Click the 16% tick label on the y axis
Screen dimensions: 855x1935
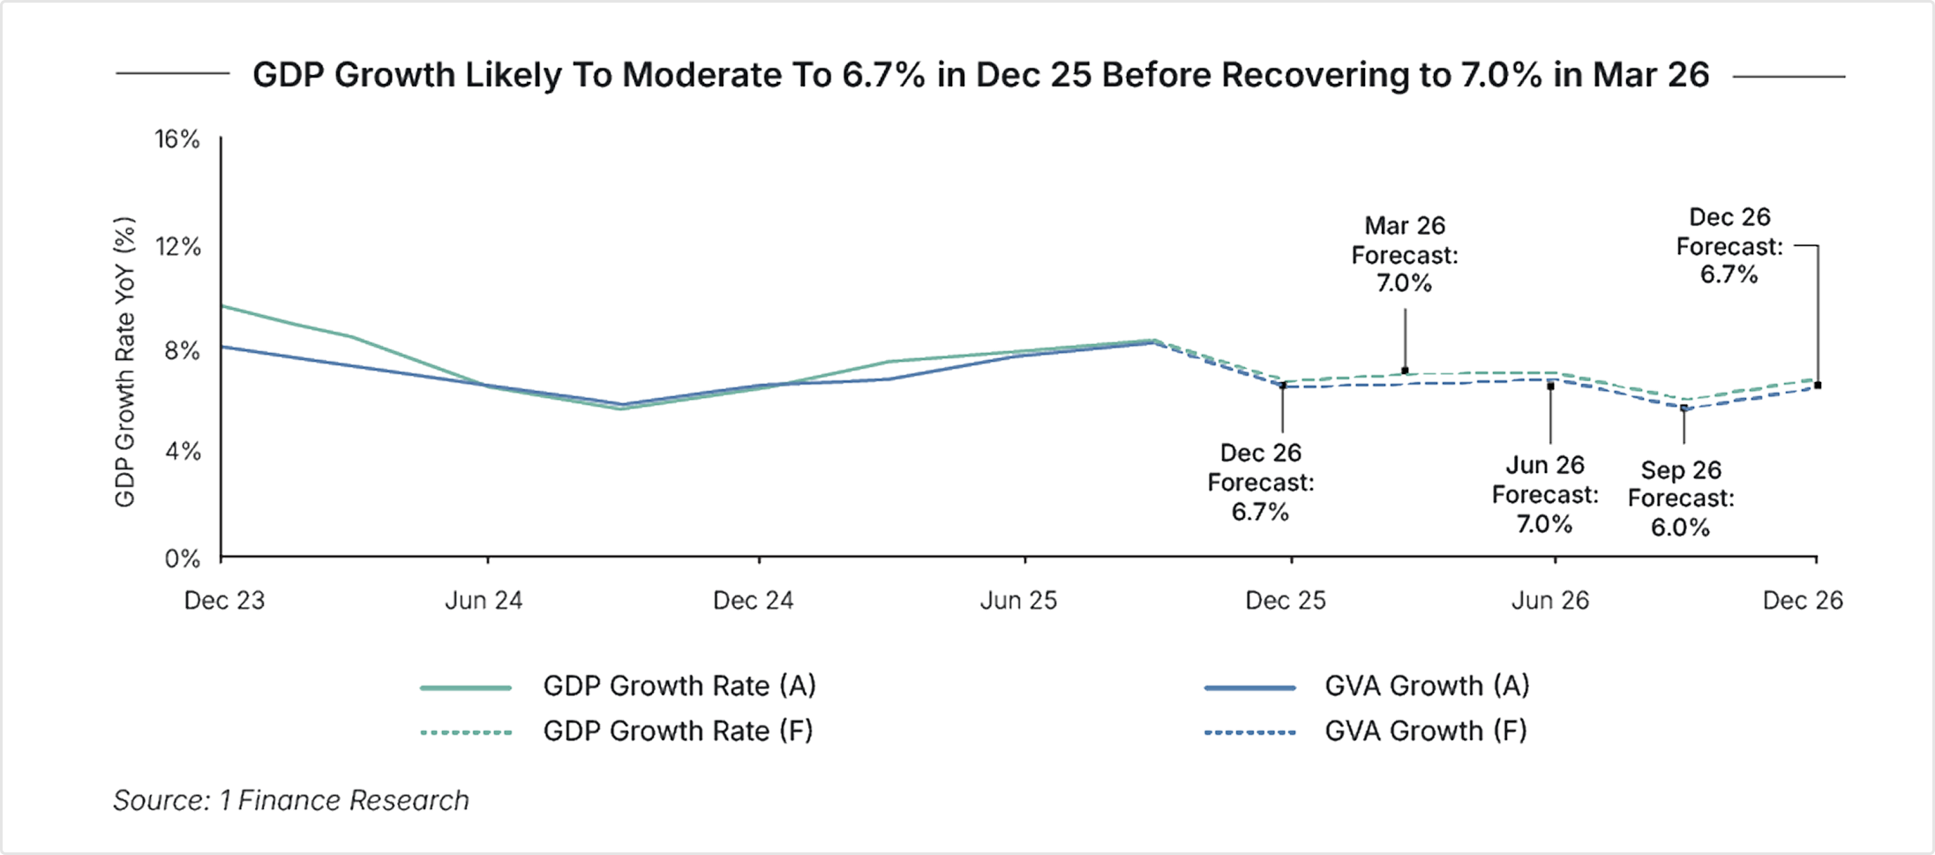179,139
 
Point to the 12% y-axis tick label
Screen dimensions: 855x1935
179,248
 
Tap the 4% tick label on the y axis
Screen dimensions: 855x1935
186,454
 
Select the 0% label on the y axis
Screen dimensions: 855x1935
186,559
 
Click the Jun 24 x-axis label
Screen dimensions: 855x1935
484,602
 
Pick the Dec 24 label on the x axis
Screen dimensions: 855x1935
754,602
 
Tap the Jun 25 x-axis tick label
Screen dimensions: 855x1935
1019,602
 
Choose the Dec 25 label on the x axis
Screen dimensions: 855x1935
1286,602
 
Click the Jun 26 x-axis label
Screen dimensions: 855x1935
1551,602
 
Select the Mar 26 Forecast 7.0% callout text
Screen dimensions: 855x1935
1406,256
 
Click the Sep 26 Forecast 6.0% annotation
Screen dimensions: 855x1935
1681,499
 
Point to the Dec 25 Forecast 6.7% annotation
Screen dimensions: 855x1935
1262,483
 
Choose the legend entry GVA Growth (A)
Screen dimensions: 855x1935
1426,686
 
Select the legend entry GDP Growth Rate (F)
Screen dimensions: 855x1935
678,731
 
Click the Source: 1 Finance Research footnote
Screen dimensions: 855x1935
291,801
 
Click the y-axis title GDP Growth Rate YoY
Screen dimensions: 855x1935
128,362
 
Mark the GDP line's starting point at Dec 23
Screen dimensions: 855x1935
222,306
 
